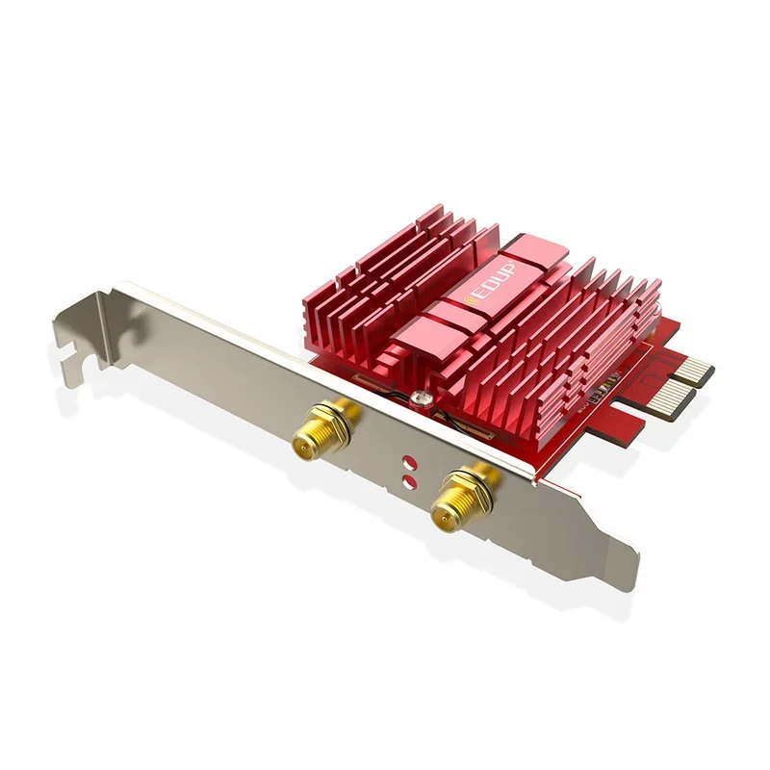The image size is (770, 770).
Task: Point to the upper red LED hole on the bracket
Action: (408, 460)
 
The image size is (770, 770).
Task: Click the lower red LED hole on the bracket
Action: (409, 478)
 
